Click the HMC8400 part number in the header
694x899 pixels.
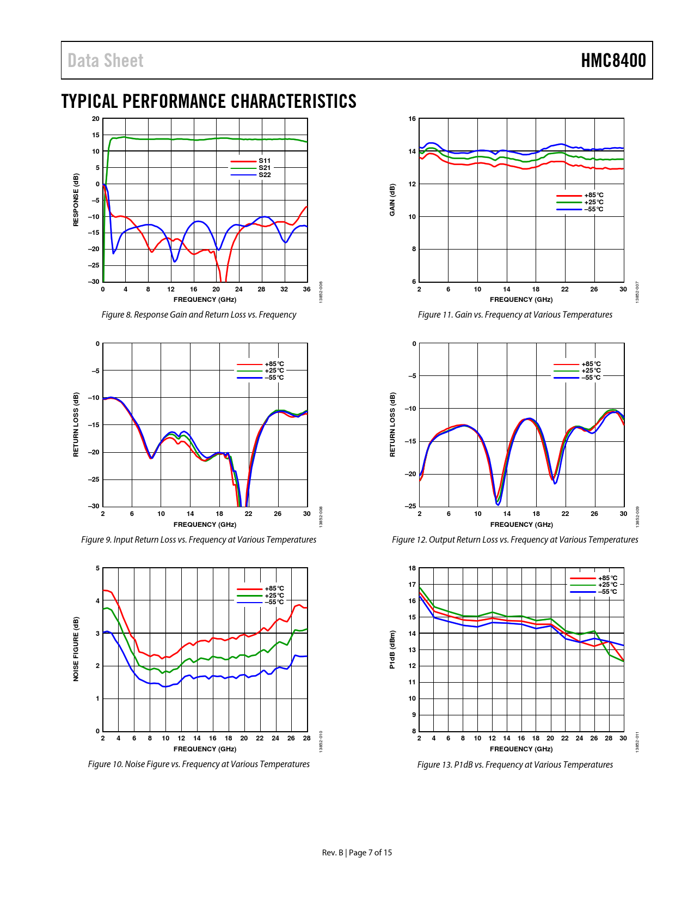613,60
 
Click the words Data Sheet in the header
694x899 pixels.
106,60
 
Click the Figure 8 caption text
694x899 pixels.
199,315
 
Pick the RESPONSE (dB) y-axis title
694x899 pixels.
76,199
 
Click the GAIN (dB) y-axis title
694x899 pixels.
392,199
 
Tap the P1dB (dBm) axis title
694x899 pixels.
392,649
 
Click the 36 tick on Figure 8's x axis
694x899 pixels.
307,289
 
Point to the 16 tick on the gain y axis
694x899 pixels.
412,119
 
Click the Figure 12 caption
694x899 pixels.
515,540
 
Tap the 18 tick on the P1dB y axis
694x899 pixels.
412,568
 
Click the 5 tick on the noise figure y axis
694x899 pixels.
98,568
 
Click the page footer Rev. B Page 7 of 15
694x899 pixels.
357,853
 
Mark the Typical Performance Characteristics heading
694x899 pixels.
209,101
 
